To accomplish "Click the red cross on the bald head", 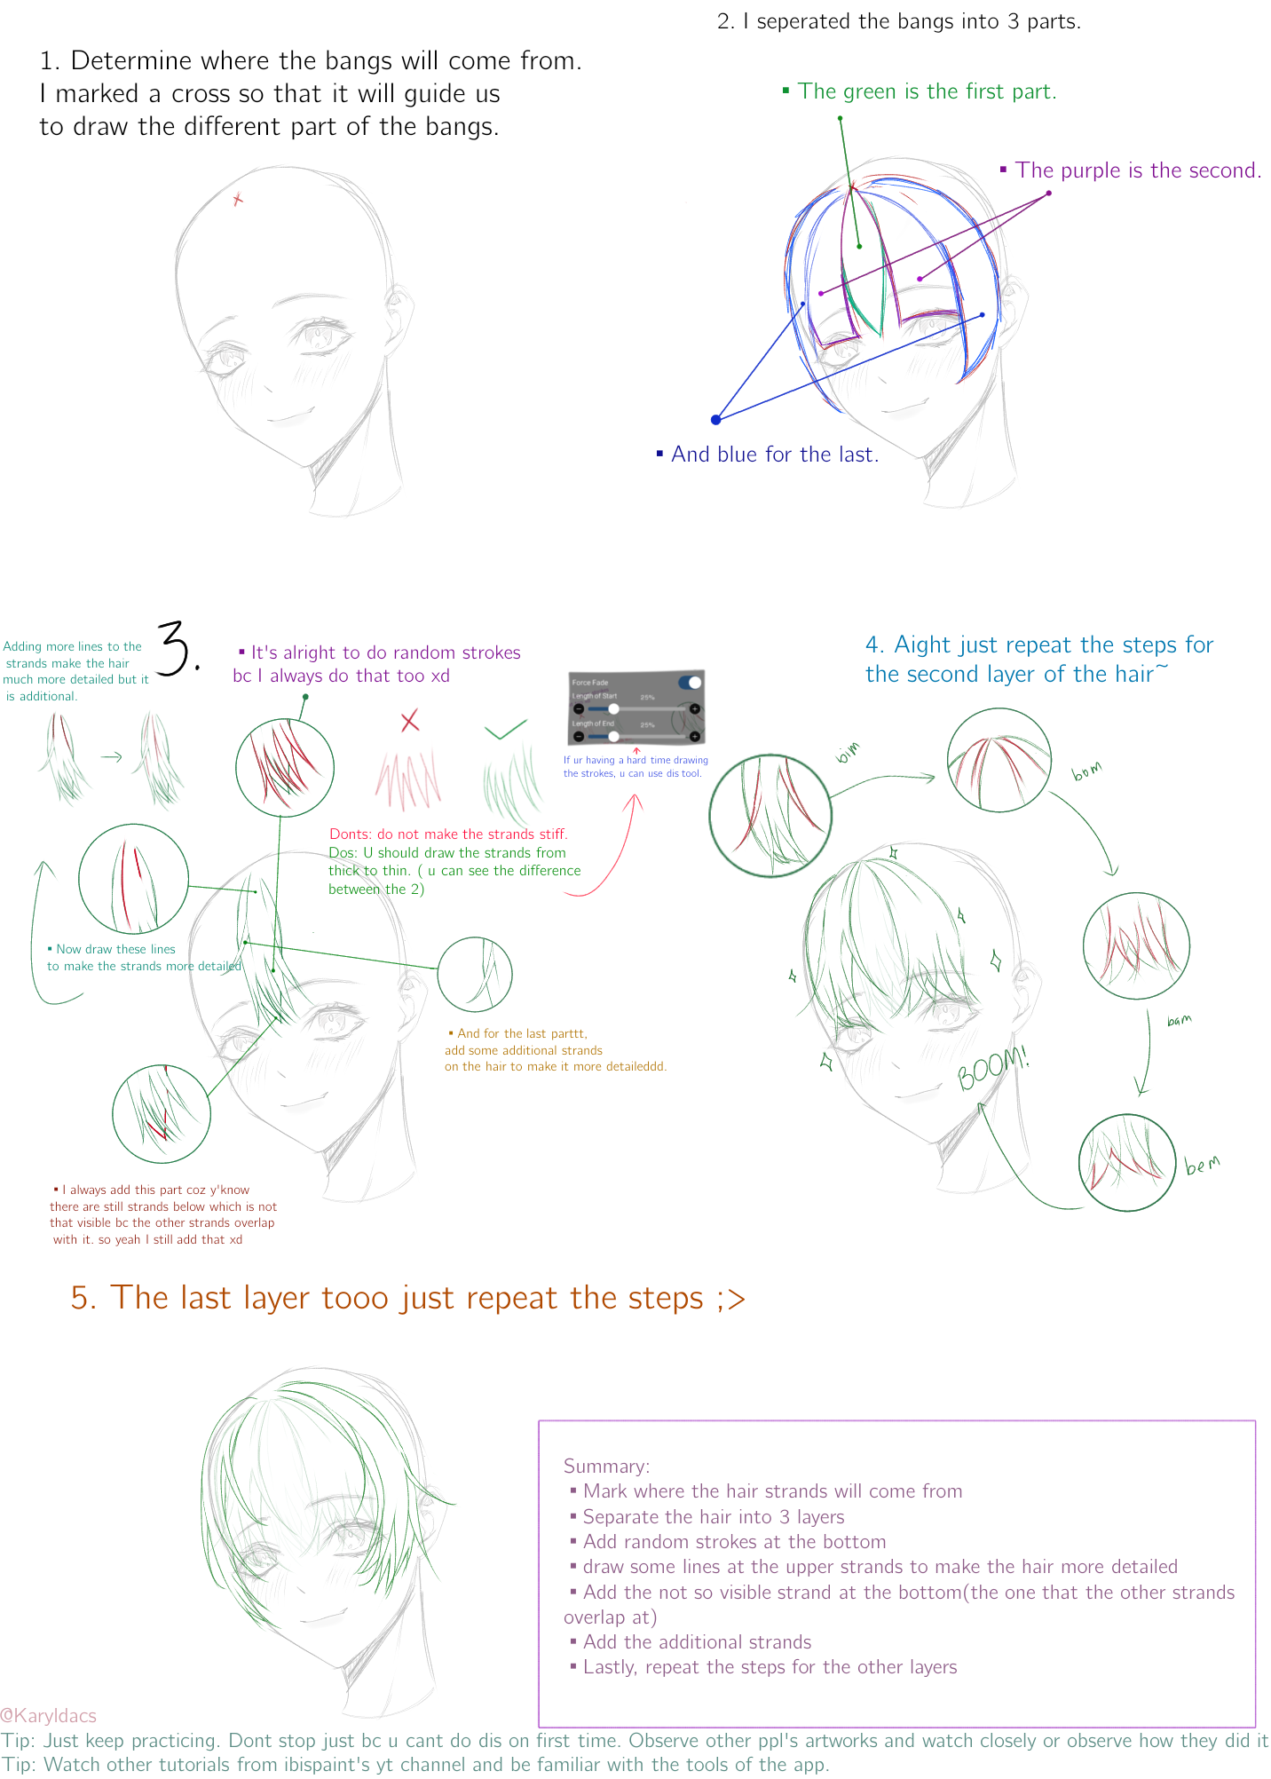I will [237, 200].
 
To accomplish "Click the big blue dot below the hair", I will [715, 419].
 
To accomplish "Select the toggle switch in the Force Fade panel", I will [690, 682].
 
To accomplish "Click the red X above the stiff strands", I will [409, 721].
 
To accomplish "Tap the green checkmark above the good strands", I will [506, 731].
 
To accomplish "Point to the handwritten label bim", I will [848, 753].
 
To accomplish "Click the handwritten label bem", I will [1203, 1164].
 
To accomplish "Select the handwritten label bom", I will [1086, 771].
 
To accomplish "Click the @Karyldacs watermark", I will [49, 1715].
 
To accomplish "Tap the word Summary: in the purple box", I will [606, 1467].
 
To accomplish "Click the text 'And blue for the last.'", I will [774, 455].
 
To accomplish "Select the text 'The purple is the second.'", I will [1138, 170].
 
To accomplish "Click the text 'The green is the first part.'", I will [927, 91].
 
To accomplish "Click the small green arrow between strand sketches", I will [111, 757].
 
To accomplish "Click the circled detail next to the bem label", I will [1126, 1162].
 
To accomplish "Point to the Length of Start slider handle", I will [613, 708].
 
